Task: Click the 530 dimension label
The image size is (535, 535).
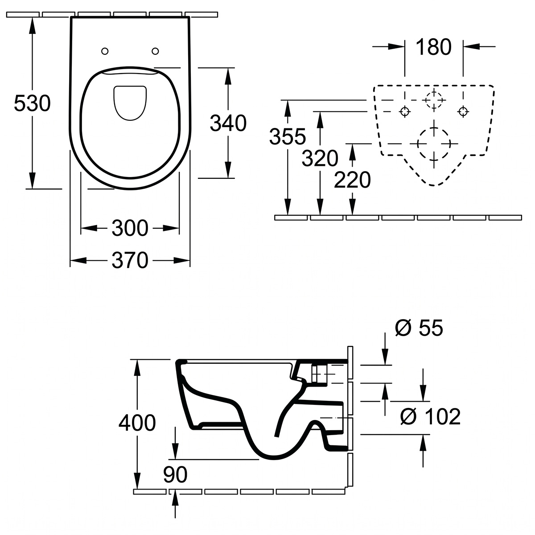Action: (x=32, y=103)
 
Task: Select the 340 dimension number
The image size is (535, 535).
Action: (x=228, y=123)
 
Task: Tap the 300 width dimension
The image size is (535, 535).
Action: (x=130, y=228)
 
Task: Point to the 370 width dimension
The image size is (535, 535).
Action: (x=130, y=260)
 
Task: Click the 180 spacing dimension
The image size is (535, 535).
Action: (x=433, y=47)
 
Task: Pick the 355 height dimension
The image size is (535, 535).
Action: (x=288, y=136)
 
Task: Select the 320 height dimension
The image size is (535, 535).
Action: (x=320, y=158)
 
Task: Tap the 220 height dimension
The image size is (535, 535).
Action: (x=352, y=180)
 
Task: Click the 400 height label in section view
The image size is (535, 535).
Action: (x=137, y=423)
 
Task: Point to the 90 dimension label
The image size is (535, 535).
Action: (x=175, y=474)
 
